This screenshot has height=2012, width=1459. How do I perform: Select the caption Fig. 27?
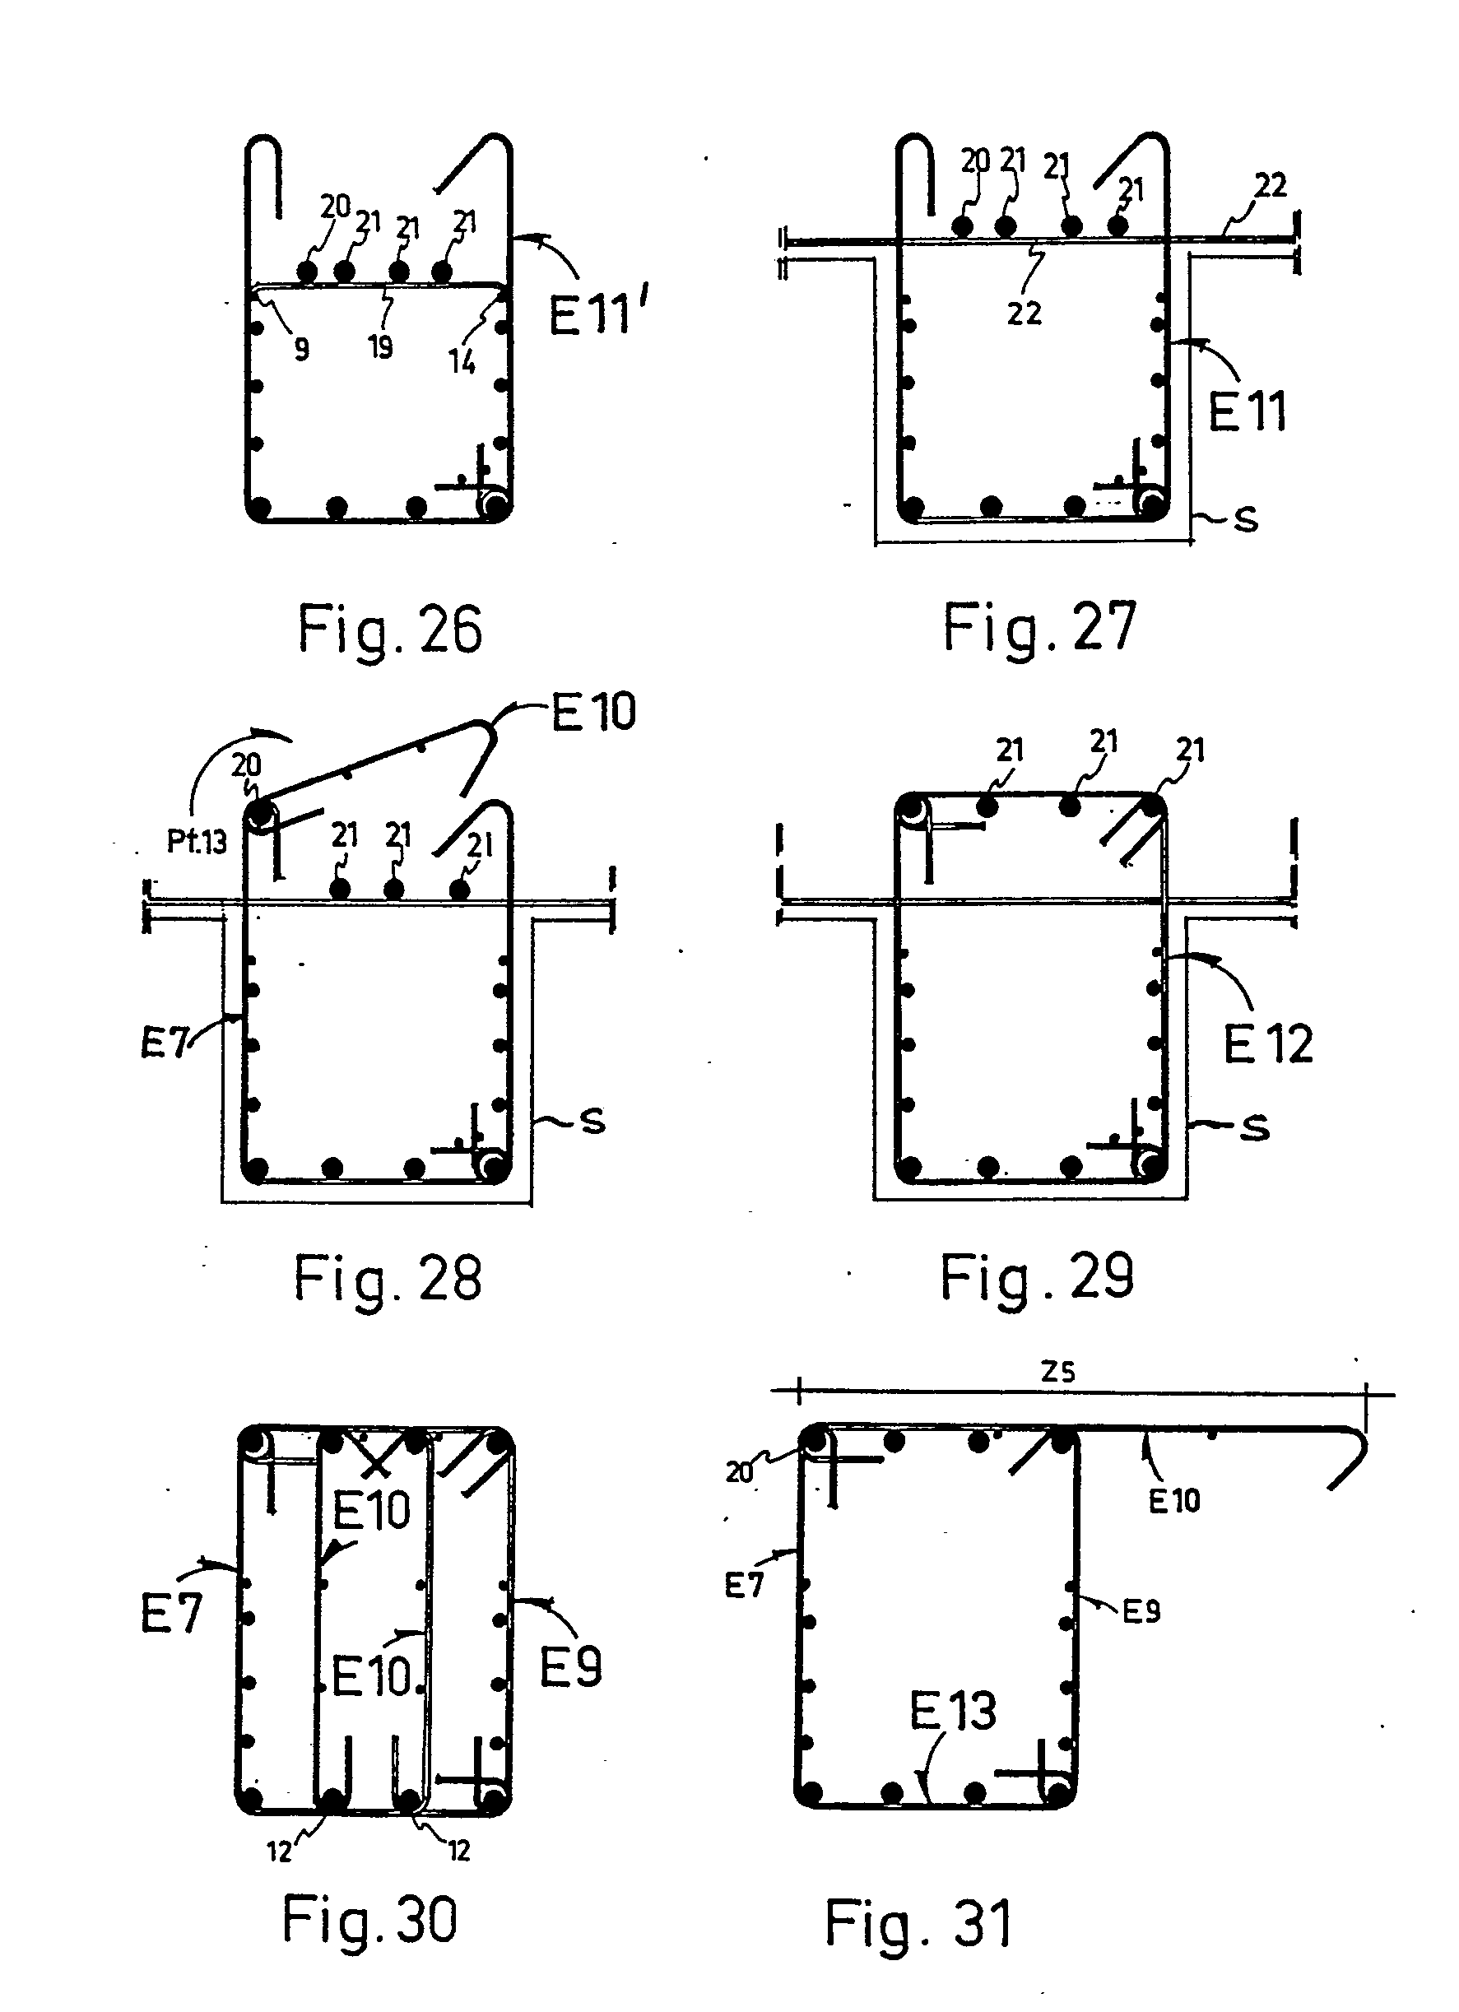[1038, 628]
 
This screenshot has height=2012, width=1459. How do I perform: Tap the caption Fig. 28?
[388, 1280]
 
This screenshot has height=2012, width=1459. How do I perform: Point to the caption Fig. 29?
[1037, 1277]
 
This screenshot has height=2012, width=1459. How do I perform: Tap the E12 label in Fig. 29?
[1267, 1043]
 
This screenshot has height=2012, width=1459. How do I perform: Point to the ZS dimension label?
[1058, 1373]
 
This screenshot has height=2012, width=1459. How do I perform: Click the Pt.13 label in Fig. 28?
[197, 841]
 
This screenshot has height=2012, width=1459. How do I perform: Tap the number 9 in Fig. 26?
[301, 350]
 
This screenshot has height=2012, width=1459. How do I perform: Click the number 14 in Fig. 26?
[461, 361]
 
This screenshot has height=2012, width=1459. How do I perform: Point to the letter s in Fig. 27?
[1246, 519]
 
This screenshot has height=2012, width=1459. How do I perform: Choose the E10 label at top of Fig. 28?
[593, 712]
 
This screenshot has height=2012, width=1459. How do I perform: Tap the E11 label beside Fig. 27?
[1247, 411]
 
